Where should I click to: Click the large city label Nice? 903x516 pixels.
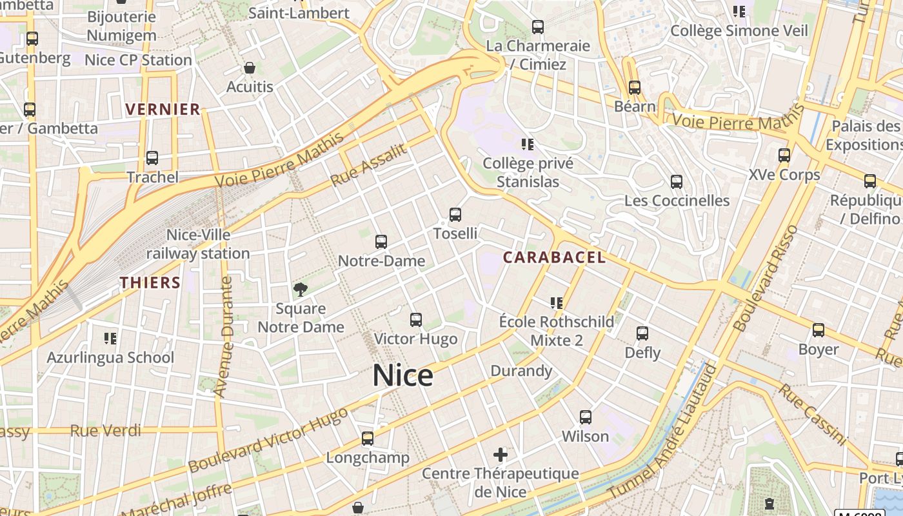click(x=402, y=375)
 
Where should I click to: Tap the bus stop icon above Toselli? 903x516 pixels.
click(x=455, y=215)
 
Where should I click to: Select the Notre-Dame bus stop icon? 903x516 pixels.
click(x=381, y=242)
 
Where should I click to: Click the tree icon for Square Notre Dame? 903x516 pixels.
click(x=300, y=290)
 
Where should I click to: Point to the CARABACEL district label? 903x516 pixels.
click(x=554, y=257)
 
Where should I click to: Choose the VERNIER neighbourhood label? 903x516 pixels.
click(x=163, y=109)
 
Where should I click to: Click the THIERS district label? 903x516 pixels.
click(x=150, y=283)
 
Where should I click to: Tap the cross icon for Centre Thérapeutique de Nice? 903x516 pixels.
click(x=501, y=455)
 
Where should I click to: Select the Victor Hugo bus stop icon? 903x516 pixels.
click(x=416, y=320)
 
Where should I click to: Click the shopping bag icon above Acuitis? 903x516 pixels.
click(x=250, y=68)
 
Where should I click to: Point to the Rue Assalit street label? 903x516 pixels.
click(x=369, y=165)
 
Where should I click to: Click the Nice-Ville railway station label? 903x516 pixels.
click(x=198, y=244)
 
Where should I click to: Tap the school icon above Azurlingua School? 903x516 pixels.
click(x=110, y=338)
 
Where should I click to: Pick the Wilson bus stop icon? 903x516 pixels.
click(x=586, y=417)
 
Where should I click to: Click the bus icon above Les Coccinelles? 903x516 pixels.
click(x=677, y=182)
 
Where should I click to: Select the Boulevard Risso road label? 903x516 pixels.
click(x=766, y=279)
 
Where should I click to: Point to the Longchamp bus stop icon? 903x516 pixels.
click(x=368, y=439)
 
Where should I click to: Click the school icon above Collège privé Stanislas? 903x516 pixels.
click(x=528, y=144)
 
